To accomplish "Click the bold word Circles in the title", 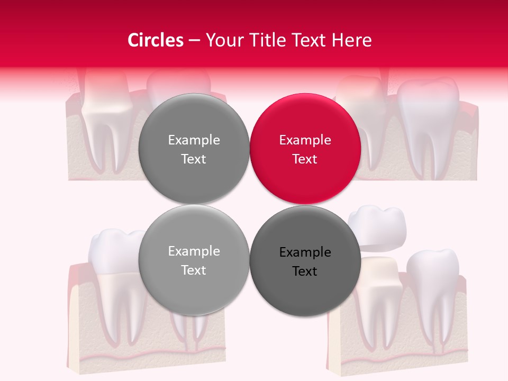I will tap(155, 40).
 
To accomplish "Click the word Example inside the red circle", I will tap(305, 140).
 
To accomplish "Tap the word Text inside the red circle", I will tap(305, 159).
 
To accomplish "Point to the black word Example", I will tap(305, 252).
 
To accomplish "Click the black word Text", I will tap(305, 271).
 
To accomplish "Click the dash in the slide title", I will tap(194, 40).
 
